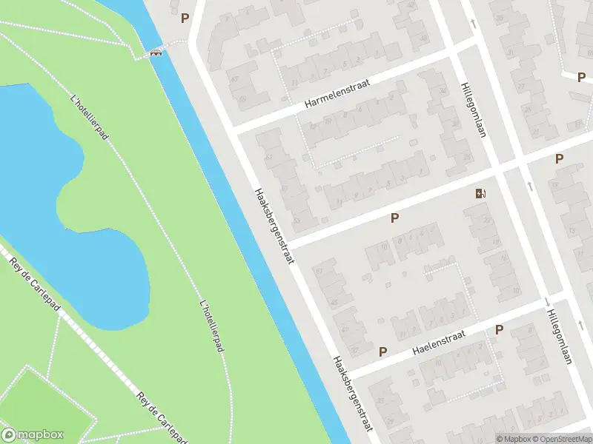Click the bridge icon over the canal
pos(156,52)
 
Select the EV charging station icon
pos(481,195)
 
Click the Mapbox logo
pos(33,435)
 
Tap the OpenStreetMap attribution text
pos(561,439)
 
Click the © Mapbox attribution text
pos(514,439)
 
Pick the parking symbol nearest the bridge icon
pos(185,18)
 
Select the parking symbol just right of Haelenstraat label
pos(499,329)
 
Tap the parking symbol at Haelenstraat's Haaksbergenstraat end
pos(382,351)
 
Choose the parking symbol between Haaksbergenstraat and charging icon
pos(394,218)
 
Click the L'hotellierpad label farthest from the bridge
pos(213,326)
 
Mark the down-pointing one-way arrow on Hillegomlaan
pos(547,301)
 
